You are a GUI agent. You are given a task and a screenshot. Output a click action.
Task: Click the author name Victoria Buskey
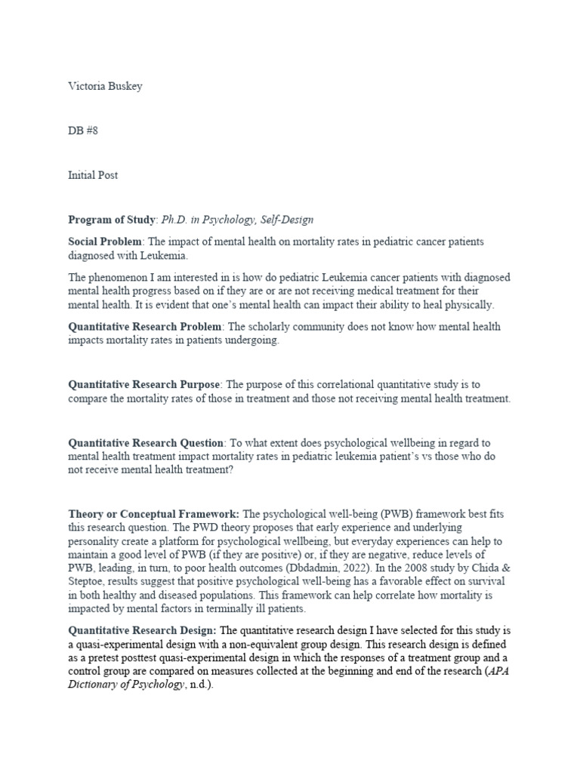[x=105, y=86]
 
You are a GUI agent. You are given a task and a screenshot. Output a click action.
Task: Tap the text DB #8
[x=83, y=131]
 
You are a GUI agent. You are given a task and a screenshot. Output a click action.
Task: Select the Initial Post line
[x=93, y=175]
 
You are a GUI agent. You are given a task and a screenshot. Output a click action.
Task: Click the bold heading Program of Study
[x=112, y=220]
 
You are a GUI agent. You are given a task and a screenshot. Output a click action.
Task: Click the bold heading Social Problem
[x=105, y=241]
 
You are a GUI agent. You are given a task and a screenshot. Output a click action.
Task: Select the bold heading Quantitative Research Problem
[x=145, y=327]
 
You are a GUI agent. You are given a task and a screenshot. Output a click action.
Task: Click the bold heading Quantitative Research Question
[x=146, y=442]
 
